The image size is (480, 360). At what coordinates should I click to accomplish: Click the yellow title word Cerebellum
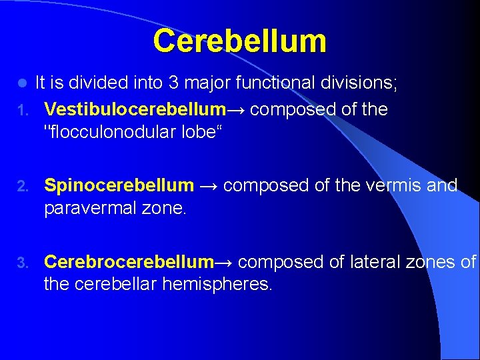click(x=239, y=41)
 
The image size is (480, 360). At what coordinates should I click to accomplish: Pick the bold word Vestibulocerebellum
click(x=135, y=109)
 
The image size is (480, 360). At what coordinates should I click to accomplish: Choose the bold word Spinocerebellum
click(x=119, y=185)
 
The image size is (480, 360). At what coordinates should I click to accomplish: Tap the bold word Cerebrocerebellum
click(x=129, y=261)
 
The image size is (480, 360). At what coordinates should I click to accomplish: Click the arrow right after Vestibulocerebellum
click(x=235, y=109)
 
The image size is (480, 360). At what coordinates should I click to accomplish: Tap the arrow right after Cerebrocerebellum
click(x=224, y=262)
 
